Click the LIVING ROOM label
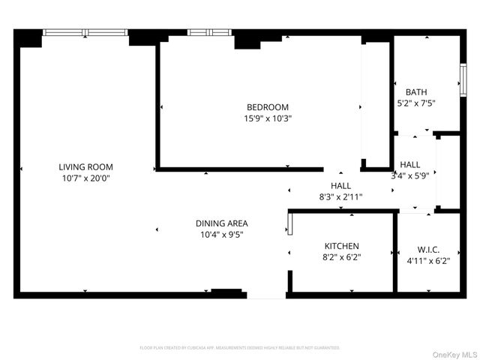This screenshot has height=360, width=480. click(86, 166)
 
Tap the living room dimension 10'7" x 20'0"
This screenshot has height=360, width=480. click(86, 178)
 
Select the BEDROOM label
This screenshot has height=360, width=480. click(268, 107)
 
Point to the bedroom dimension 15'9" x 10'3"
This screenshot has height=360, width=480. click(268, 118)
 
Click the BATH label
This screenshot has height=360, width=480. click(416, 92)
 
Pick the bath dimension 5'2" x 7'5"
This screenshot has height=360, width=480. click(416, 103)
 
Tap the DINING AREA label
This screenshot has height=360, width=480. click(221, 223)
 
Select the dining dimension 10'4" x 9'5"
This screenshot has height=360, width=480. click(221, 235)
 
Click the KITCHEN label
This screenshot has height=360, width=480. click(341, 246)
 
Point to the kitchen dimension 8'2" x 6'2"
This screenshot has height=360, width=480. click(341, 257)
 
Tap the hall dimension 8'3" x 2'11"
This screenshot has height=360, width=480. click(341, 196)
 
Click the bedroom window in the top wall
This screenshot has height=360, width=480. click(209, 32)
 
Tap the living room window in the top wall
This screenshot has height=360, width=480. click(85, 32)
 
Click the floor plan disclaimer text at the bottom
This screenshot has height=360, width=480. click(240, 348)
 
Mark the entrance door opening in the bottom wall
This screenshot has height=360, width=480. click(266, 295)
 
